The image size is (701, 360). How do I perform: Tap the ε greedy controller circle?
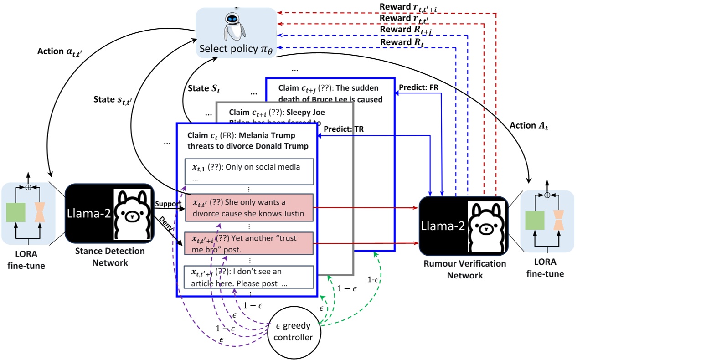294,331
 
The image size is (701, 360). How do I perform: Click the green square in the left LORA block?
15,212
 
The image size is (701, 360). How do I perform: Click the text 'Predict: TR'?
344,129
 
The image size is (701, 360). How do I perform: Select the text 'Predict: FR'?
418,87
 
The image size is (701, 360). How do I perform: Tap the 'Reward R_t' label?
402,42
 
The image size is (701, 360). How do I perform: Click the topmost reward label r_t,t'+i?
408,7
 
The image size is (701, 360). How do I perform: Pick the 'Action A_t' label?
529,126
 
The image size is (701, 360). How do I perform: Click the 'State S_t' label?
204,88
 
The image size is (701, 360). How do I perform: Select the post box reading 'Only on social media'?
249,171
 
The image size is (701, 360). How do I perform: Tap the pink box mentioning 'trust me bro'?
249,243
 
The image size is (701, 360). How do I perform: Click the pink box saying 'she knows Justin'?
249,208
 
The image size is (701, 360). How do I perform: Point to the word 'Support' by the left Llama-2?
168,204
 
